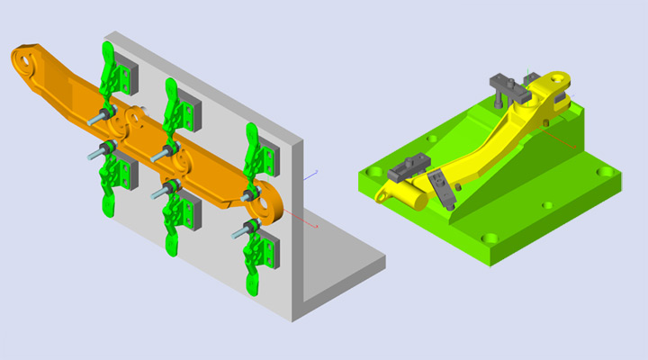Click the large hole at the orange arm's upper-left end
pos(26,63)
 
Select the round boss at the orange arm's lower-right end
pos(267,202)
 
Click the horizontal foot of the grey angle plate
pos(346,270)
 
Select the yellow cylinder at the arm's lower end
pos(409,192)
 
